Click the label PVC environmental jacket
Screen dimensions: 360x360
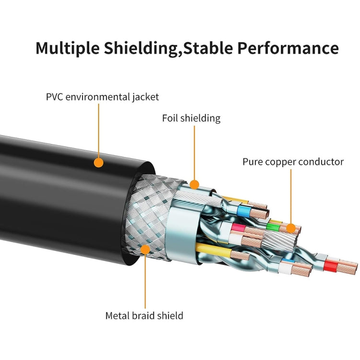102,96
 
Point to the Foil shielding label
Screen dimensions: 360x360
191,118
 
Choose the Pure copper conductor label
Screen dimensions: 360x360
293,162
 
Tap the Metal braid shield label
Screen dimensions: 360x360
144,315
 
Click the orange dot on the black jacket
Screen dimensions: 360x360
98,163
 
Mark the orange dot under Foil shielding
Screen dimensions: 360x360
194,184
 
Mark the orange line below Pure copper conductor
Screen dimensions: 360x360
290,197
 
